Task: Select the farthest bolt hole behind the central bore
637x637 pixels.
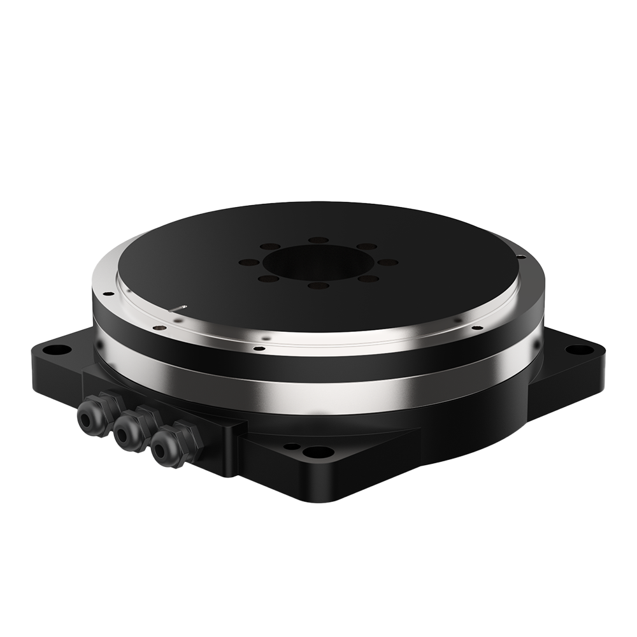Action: pyautogui.click(x=318, y=240)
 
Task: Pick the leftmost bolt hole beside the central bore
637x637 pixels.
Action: pyautogui.click(x=249, y=262)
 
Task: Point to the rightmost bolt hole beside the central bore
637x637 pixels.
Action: pyautogui.click(x=387, y=262)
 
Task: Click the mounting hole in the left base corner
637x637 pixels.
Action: pyautogui.click(x=58, y=349)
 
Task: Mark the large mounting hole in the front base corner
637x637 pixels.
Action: pyautogui.click(x=318, y=452)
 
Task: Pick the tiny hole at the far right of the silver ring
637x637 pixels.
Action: pyautogui.click(x=521, y=257)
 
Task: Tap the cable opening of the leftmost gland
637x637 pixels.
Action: pyautogui.click(x=83, y=420)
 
